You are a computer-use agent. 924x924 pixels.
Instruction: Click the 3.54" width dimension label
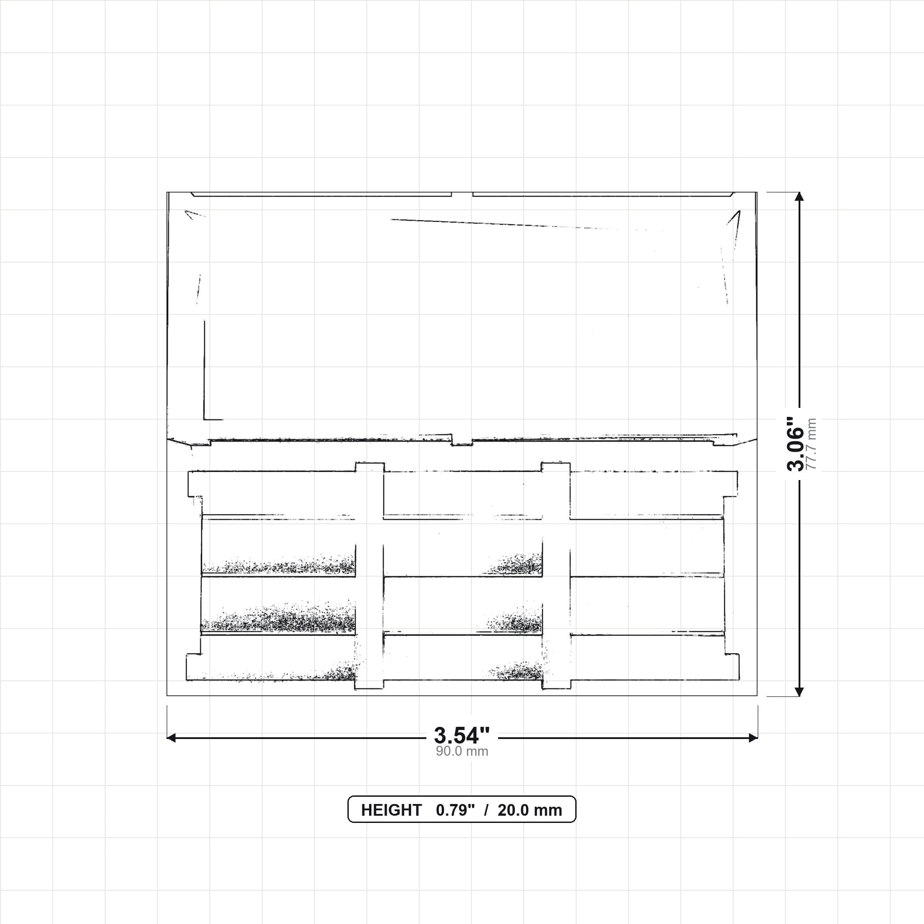coord(462,735)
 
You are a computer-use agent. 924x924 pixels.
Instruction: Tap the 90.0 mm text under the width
coord(462,751)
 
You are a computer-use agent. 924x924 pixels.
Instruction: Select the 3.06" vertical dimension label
coord(796,444)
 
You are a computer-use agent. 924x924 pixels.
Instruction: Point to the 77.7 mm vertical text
coord(811,444)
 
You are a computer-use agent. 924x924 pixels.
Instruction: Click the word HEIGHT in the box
coord(391,810)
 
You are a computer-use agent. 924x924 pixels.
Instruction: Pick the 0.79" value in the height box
coord(455,810)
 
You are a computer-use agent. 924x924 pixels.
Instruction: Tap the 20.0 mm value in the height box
coord(529,810)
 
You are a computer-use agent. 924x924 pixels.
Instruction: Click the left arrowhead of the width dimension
coord(171,738)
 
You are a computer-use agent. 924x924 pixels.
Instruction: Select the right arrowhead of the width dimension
coord(753,738)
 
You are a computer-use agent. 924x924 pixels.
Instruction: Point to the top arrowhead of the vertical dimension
coord(799,197)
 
